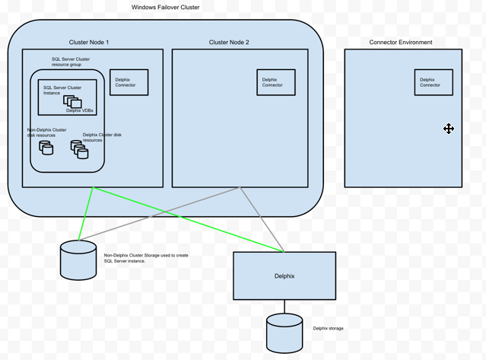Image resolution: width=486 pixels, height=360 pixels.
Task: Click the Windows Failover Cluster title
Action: point(166,7)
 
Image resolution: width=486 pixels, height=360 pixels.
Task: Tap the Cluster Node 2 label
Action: point(229,42)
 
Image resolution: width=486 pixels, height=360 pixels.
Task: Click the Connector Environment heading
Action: point(400,42)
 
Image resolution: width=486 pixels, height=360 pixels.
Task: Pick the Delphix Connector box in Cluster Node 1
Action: point(129,82)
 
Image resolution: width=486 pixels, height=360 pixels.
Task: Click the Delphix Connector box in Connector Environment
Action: point(433,82)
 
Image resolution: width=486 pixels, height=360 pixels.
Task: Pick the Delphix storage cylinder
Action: point(285,333)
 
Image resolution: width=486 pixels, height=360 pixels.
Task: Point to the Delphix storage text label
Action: point(329,328)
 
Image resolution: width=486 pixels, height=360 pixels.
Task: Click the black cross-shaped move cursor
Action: point(449,129)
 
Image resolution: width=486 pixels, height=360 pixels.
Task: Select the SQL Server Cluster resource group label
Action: point(70,62)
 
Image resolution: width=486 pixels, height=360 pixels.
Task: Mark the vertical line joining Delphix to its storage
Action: point(285,307)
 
